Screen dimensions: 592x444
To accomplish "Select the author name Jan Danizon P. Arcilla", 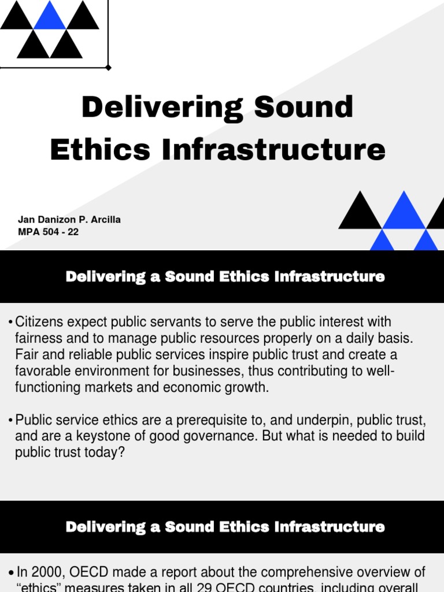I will pos(69,220).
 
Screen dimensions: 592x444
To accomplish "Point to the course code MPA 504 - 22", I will pos(48,232).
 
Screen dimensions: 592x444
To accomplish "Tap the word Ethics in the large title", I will pos(101,150).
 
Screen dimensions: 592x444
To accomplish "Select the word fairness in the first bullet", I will pos(39,338).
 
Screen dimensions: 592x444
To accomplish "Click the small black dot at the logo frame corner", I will pos(109,68).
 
